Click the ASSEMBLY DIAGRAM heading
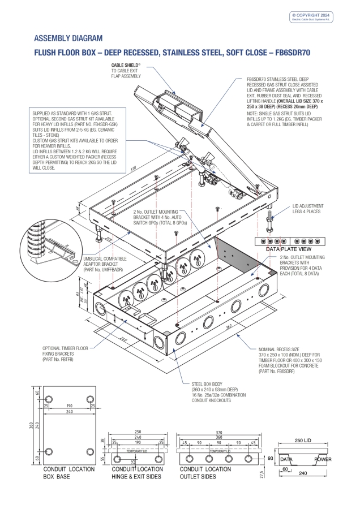68,38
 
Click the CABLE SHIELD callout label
126,70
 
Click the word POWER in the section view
324,460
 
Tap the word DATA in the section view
287,460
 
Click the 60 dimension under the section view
286,469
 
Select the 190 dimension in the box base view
70,406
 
